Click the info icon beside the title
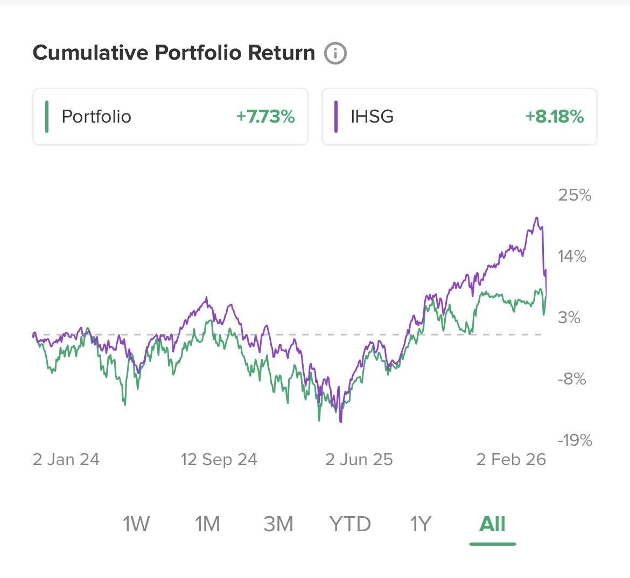pos(335,53)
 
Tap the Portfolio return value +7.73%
pos(265,117)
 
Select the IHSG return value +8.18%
pos(555,117)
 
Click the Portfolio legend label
pos(96,117)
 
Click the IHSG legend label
pos(372,117)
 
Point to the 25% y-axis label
pos(575,195)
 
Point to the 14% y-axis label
pos(572,256)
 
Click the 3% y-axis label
pos(569,317)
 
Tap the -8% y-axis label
pos(571,379)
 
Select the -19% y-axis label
pos(575,440)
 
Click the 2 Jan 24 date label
pos(66,460)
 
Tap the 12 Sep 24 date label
pos(219,460)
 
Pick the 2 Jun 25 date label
pos(359,460)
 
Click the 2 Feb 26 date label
pos(511,460)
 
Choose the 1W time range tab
pos(136,524)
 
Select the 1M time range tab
pos(207,524)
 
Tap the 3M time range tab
pos(278,524)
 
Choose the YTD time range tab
pos(350,524)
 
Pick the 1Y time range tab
pos(421,524)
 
